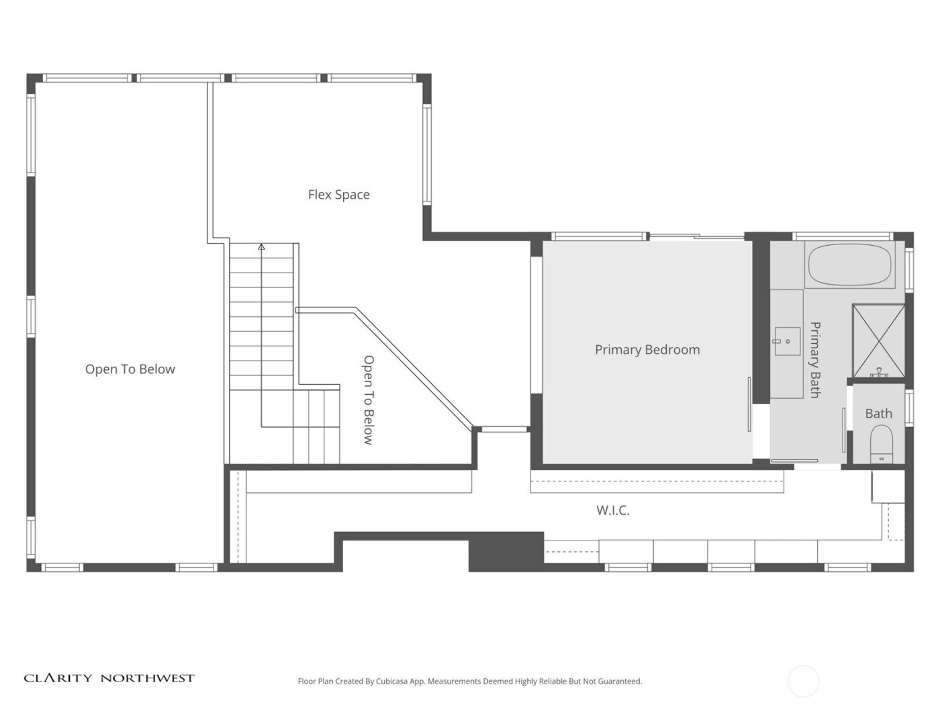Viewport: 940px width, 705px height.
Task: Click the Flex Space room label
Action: click(x=338, y=195)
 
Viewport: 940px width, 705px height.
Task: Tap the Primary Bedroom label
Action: click(x=647, y=350)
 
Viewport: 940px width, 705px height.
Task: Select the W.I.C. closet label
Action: click(x=613, y=511)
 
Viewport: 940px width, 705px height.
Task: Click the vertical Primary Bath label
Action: click(x=815, y=360)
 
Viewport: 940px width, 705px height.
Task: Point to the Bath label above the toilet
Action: click(x=878, y=414)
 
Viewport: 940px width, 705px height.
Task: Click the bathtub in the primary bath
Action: click(x=850, y=265)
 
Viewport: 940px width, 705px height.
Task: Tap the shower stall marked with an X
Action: click(x=878, y=340)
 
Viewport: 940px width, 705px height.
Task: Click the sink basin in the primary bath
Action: click(x=787, y=340)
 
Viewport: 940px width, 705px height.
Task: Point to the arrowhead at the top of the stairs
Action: click(x=261, y=247)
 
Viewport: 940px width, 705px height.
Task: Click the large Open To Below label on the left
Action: click(x=130, y=369)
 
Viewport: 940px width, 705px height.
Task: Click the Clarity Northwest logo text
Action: click(x=109, y=678)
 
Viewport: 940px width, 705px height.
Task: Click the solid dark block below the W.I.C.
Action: click(x=506, y=551)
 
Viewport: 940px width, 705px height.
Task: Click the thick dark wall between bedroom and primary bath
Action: click(x=760, y=322)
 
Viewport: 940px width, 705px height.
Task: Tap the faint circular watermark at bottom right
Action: click(x=803, y=681)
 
